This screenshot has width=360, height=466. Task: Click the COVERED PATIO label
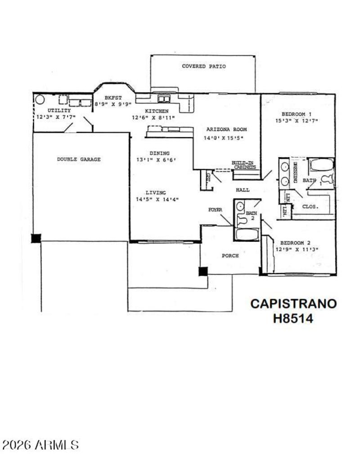click(x=203, y=67)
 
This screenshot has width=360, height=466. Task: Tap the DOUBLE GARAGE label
click(x=79, y=159)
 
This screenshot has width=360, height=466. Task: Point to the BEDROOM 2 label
click(x=296, y=242)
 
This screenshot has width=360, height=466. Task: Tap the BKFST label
click(x=113, y=97)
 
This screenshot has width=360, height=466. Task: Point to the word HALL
click(x=243, y=190)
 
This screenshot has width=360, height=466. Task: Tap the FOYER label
click(x=215, y=210)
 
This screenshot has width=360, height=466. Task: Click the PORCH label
click(x=230, y=256)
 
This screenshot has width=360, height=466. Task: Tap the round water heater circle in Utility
click(x=40, y=99)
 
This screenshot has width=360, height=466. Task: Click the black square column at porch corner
click(x=203, y=271)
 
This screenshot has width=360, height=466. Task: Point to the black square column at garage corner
click(x=36, y=238)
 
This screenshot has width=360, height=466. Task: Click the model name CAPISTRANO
click(x=293, y=303)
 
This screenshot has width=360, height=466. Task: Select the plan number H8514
click(x=293, y=318)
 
